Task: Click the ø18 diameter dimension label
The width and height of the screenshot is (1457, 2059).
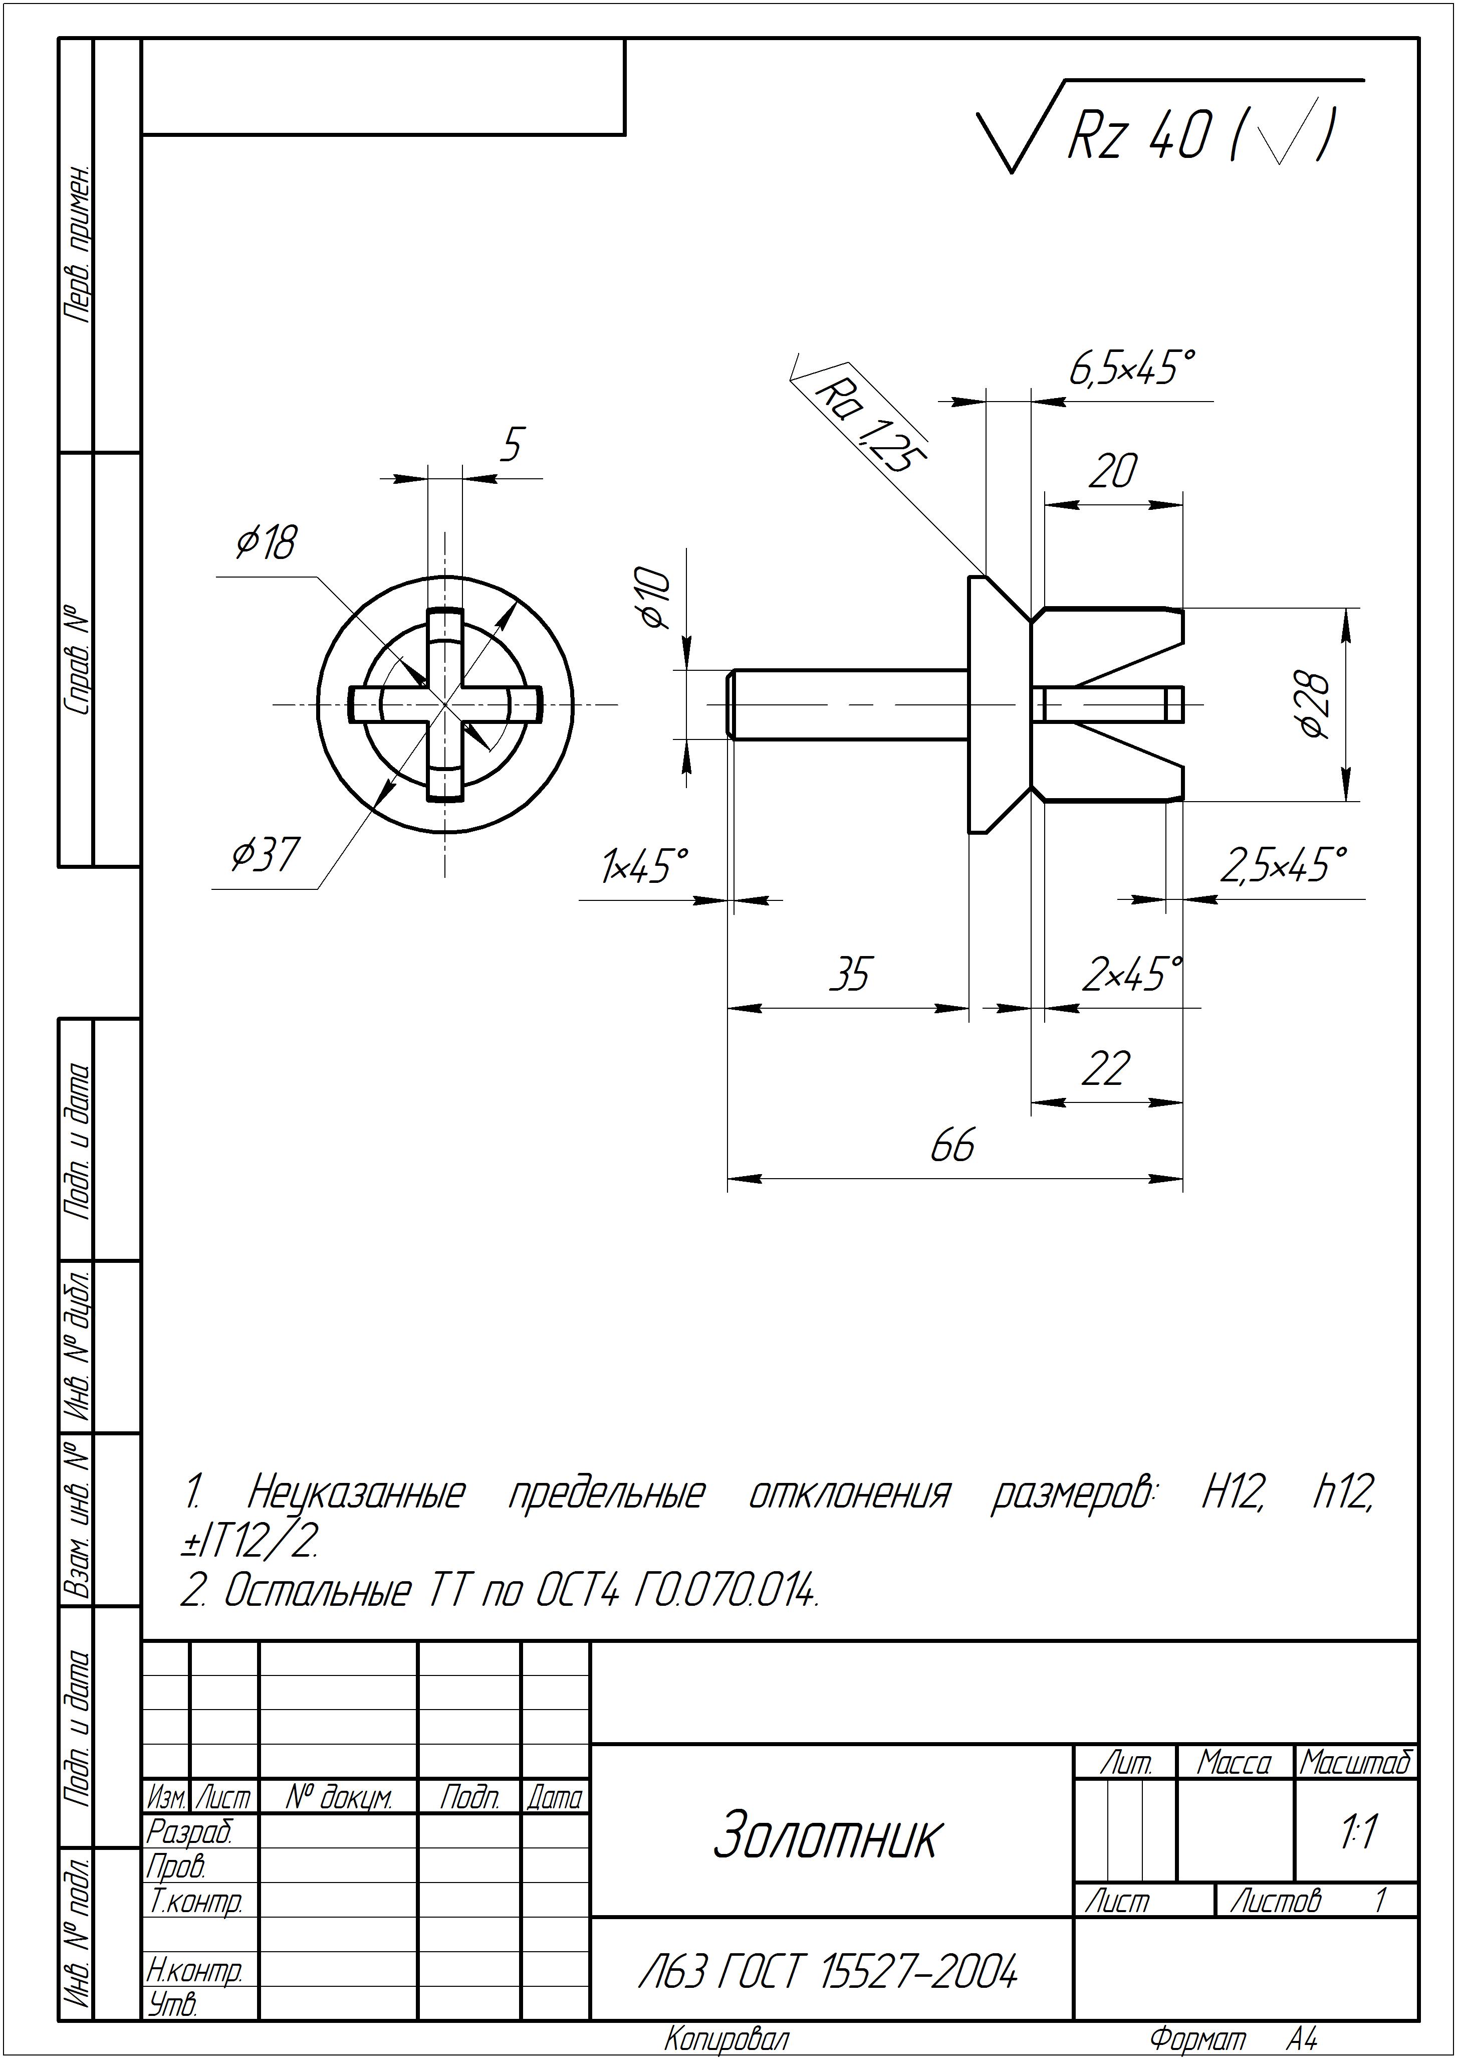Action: [266, 542]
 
